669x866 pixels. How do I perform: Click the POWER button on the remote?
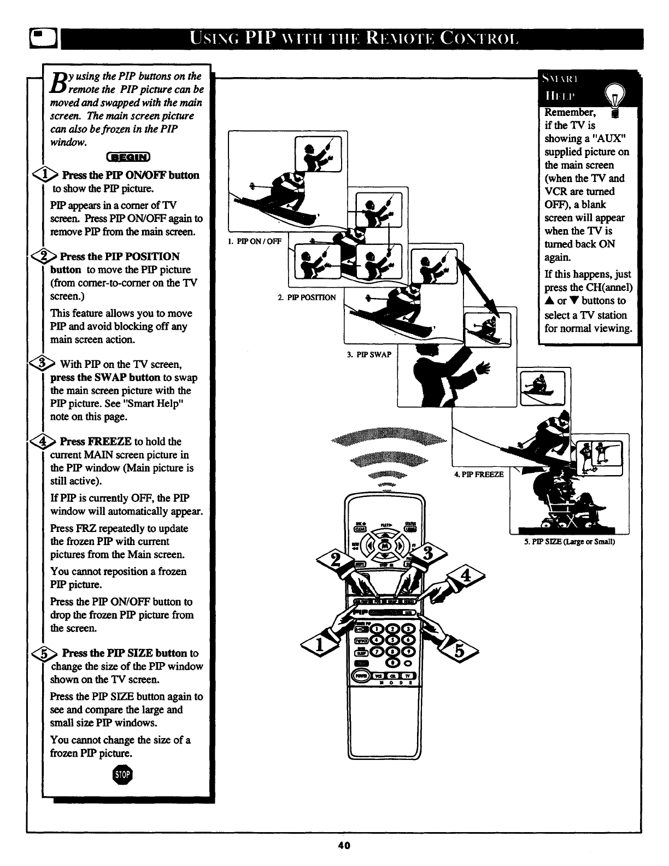(x=361, y=675)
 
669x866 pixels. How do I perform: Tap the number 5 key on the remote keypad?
(x=392, y=640)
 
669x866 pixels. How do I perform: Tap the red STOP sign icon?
(x=124, y=774)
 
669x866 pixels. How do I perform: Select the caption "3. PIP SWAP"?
(x=369, y=354)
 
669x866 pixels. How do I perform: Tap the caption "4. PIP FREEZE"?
(x=478, y=474)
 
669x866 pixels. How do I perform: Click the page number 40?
(x=344, y=845)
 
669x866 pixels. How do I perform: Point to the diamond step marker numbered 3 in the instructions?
(x=46, y=364)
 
